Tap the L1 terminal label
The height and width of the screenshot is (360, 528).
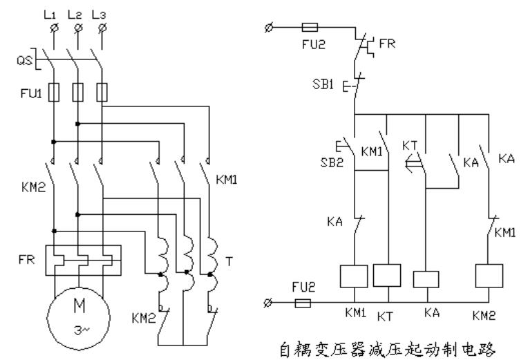pyautogui.click(x=50, y=15)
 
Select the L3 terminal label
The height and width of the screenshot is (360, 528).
pyautogui.click(x=99, y=15)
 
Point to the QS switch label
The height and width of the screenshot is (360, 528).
pyautogui.click(x=25, y=60)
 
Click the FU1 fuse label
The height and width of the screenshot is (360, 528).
pyautogui.click(x=31, y=93)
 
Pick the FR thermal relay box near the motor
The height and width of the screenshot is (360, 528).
pyautogui.click(x=84, y=260)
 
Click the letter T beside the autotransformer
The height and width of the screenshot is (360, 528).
pyautogui.click(x=229, y=261)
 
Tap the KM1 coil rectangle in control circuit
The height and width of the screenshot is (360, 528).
pyautogui.click(x=354, y=276)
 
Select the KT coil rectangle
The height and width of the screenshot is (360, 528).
pyautogui.click(x=387, y=275)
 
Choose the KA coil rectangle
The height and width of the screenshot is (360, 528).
pyautogui.click(x=426, y=279)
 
